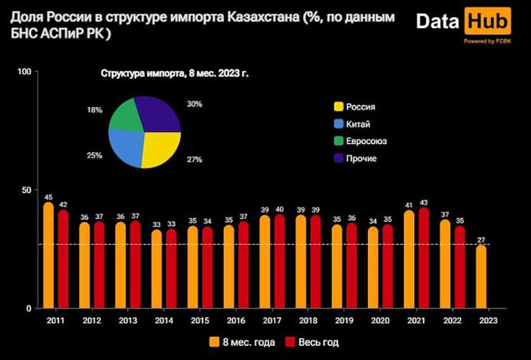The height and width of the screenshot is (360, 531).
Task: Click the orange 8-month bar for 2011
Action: pos(49,255)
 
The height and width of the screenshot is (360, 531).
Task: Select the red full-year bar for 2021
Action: pos(423,258)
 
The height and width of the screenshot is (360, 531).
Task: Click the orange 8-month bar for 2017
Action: pos(265,262)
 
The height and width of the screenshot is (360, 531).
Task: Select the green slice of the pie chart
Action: pos(127,115)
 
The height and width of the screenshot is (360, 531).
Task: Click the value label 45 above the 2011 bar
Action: pos(48,197)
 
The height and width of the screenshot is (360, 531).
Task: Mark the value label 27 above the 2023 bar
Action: pos(481,239)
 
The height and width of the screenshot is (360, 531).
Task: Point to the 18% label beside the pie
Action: pos(94,110)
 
